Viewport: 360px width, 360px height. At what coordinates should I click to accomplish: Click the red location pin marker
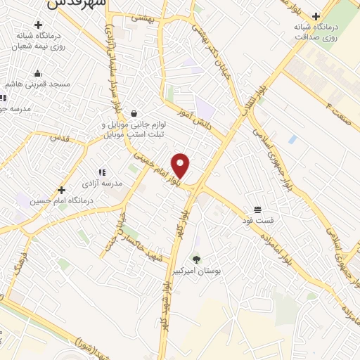click(x=181, y=165)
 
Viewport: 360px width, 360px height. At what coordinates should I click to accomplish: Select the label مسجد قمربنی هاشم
click(x=44, y=84)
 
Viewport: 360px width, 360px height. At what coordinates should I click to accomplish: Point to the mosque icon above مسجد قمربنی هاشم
click(x=38, y=73)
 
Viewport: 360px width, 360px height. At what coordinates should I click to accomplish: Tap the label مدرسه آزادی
click(x=102, y=183)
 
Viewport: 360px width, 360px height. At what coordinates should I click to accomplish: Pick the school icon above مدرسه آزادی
click(x=102, y=172)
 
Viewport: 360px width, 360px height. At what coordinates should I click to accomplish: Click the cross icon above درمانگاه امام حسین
click(x=62, y=190)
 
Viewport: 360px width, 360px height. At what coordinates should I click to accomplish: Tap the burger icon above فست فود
click(x=258, y=210)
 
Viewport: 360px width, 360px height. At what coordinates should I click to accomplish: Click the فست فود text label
click(x=258, y=220)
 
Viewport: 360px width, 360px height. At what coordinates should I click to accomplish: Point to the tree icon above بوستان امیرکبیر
click(x=196, y=259)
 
